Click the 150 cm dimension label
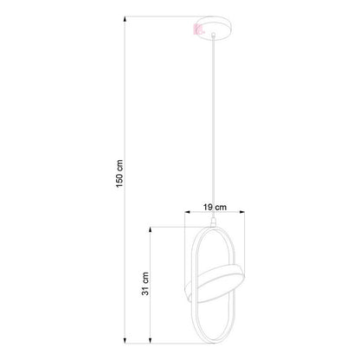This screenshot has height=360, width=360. click(x=119, y=173)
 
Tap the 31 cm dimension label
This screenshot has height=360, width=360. click(x=145, y=284)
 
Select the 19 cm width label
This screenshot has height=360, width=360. click(x=215, y=207)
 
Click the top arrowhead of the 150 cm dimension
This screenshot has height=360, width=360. click(x=125, y=19)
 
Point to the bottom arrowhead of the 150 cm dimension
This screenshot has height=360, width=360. click(x=125, y=340)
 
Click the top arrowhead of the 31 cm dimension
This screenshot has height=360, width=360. click(x=150, y=230)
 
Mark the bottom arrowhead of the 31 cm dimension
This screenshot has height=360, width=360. click(x=150, y=340)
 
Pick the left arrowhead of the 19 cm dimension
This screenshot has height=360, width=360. click(x=188, y=212)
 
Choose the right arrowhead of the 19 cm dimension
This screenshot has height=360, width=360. click(x=241, y=212)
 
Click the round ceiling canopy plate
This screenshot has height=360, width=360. click(x=214, y=28)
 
